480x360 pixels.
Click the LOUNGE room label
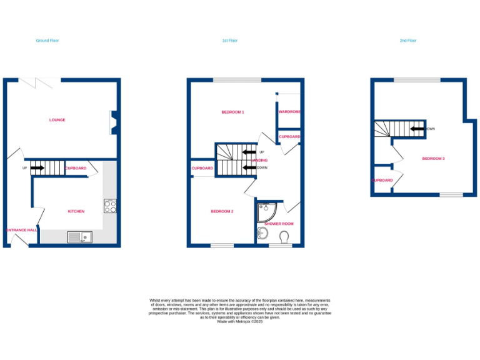(57, 120)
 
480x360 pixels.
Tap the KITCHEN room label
(76, 211)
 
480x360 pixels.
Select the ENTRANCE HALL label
(21, 230)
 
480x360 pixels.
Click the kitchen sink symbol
(79, 237)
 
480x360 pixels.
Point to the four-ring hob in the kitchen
(109, 206)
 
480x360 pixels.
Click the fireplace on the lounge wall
(113, 122)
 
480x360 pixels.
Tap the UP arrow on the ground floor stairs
(37, 168)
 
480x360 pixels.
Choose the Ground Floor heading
(47, 41)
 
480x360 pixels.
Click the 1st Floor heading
(230, 41)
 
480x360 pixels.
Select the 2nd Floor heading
(407, 41)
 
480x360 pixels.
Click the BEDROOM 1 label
(232, 112)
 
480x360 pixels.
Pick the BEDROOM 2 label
(222, 211)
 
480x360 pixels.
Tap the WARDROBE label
(290, 112)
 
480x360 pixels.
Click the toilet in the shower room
(285, 236)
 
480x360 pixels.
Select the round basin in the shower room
(262, 234)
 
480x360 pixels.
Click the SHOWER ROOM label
(279, 223)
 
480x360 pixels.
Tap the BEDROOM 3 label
(433, 159)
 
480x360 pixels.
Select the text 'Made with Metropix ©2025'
(240, 321)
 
